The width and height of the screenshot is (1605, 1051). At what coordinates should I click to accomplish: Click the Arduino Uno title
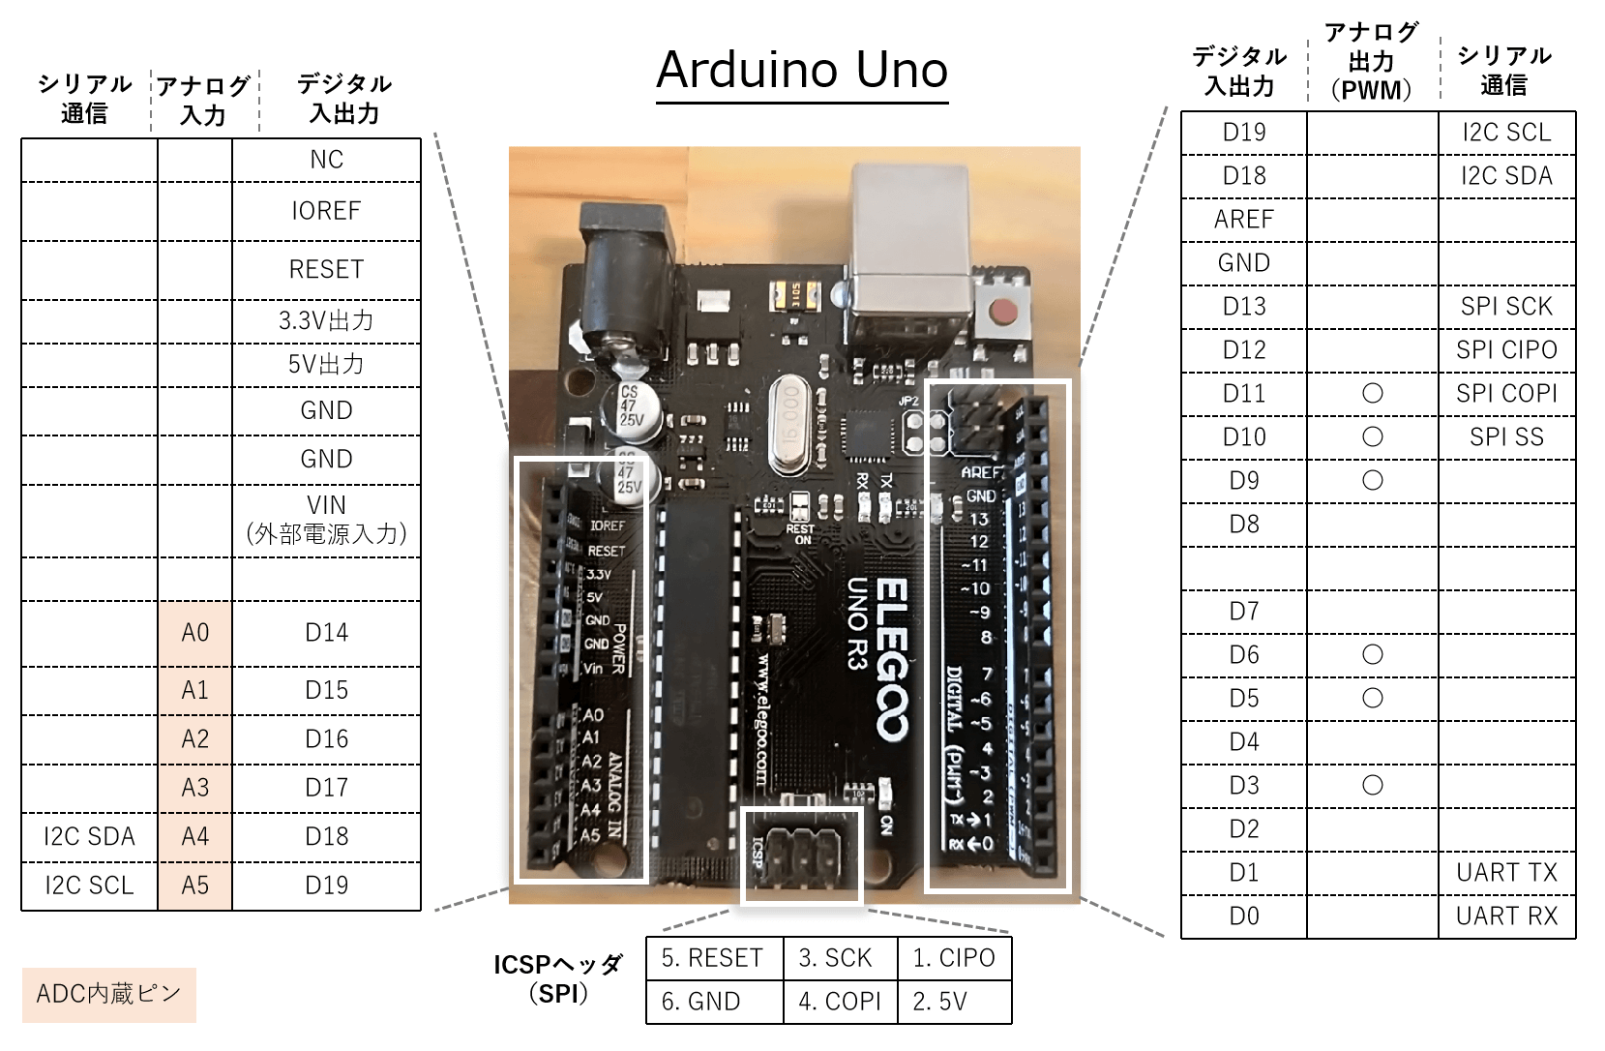point(802,70)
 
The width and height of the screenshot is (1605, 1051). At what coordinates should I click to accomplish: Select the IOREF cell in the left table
point(326,211)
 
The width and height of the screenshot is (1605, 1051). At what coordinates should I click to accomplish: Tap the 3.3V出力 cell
point(326,320)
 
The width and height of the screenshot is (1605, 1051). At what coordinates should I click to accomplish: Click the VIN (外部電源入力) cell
point(326,520)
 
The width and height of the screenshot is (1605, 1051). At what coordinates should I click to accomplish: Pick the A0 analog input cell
point(194,633)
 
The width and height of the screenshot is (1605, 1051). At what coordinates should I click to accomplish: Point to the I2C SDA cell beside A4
point(89,837)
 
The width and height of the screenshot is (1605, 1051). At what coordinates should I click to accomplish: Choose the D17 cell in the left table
point(326,788)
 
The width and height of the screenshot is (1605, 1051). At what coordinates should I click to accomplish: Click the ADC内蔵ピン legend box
point(108,994)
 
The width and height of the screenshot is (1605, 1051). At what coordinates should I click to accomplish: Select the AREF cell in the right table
point(1243,220)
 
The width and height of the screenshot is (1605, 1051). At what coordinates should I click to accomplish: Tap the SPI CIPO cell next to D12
point(1506,350)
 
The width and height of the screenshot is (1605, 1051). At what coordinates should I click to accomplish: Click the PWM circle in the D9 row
point(1372,481)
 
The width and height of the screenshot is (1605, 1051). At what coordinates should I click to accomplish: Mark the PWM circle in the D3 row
point(1372,785)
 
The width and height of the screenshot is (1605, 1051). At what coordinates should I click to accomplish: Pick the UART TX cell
point(1506,873)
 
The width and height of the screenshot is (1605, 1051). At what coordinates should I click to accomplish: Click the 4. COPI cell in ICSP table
point(839,1002)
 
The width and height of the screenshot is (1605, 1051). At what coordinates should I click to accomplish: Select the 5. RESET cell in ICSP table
point(713,958)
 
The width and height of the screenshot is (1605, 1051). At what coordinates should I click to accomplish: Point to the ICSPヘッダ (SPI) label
point(558,978)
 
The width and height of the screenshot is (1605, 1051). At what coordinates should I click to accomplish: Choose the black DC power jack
point(625,281)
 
